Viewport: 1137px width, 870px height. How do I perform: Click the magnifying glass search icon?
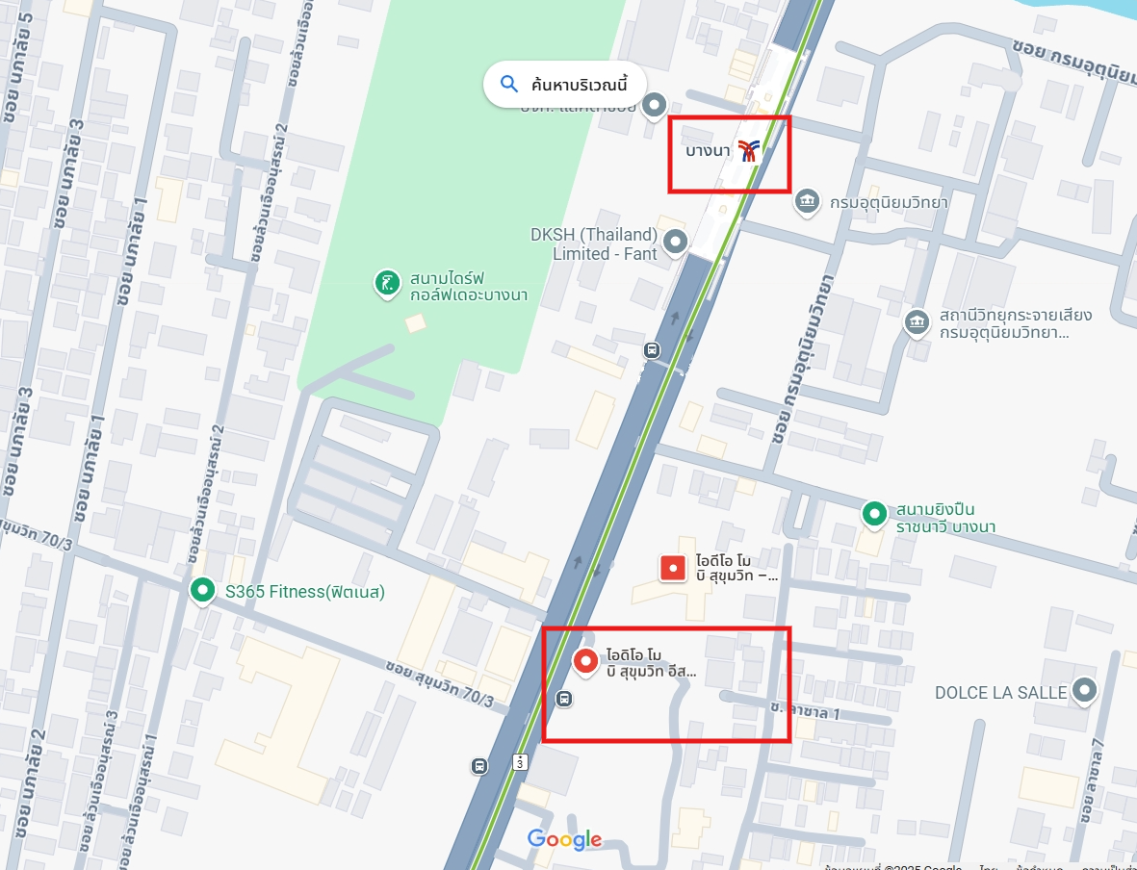coord(509,84)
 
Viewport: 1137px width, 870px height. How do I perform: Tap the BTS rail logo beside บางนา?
coord(749,150)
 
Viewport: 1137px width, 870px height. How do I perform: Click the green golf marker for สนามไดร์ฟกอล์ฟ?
coord(387,283)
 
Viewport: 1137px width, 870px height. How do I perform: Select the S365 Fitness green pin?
coord(202,590)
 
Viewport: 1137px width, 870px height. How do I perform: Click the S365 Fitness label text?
coord(305,592)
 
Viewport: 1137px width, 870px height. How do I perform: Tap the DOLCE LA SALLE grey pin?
coord(1085,690)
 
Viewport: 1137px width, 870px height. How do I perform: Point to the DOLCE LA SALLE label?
coord(1001,693)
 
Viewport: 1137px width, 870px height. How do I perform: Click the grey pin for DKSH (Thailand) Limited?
coord(676,242)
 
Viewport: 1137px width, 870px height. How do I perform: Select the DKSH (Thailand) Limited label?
coord(594,244)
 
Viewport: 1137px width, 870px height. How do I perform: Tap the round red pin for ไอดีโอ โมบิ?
coord(584,660)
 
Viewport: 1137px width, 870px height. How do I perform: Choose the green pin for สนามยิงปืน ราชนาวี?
coord(874,514)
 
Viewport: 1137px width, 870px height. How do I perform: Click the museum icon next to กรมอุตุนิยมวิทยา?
coord(807,201)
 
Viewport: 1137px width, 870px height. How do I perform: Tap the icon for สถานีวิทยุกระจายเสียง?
coord(917,321)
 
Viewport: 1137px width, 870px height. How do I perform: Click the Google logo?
coord(564,839)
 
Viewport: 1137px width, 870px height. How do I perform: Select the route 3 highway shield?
coord(521,762)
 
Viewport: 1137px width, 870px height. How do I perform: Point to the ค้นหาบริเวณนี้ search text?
coord(579,85)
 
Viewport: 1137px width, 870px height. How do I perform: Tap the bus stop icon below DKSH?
coord(652,349)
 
